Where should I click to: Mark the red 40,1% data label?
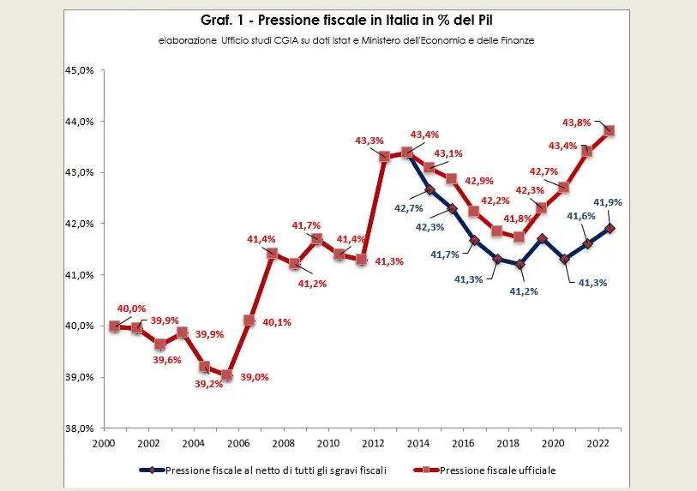click(x=275, y=322)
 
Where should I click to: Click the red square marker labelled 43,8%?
click(x=610, y=131)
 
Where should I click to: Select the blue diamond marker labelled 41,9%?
click(x=610, y=229)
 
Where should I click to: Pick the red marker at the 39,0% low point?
click(x=227, y=375)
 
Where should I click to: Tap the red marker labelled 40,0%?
click(x=115, y=326)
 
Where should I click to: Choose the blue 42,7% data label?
click(x=407, y=207)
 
